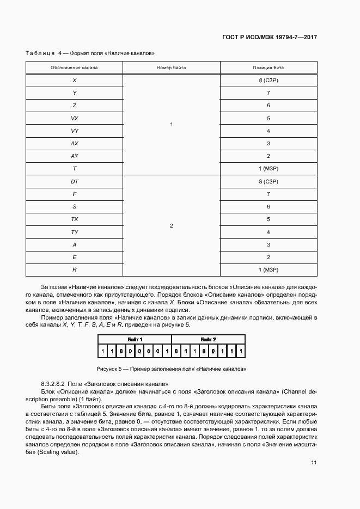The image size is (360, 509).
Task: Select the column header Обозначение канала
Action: click(x=74, y=68)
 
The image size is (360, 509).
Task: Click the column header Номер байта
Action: click(x=171, y=68)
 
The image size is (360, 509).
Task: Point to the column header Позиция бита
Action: click(x=268, y=68)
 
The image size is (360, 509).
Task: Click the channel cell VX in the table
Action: click(x=74, y=118)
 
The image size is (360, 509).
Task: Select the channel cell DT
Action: click(x=74, y=181)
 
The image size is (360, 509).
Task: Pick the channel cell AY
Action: click(x=74, y=156)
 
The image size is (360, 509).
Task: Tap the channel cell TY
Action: click(x=74, y=232)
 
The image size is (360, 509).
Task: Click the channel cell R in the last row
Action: click(x=74, y=269)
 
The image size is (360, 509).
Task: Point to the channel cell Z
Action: click(x=74, y=106)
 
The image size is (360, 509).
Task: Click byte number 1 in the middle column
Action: click(x=171, y=125)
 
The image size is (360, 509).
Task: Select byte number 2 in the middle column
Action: click(x=171, y=225)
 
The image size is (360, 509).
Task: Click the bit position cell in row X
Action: click(x=268, y=80)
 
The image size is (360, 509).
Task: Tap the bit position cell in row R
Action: click(x=268, y=269)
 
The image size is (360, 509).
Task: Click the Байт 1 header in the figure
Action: click(x=135, y=339)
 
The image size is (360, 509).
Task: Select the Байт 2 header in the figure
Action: click(x=208, y=339)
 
